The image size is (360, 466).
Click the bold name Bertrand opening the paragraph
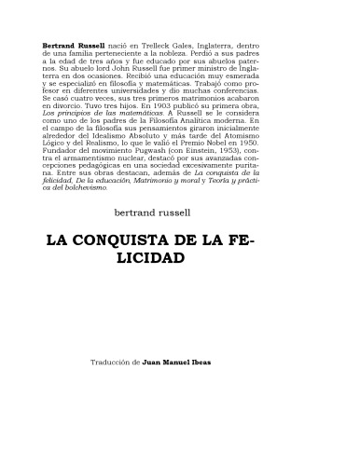click(x=61, y=46)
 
